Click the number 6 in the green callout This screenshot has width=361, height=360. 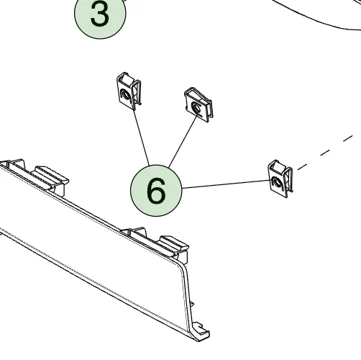[156, 191]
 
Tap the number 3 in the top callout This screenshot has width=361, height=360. [100, 14]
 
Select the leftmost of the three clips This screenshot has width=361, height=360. [129, 91]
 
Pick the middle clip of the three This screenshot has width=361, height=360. [198, 104]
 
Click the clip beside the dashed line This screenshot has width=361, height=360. [280, 179]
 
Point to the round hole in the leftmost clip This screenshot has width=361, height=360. [125, 94]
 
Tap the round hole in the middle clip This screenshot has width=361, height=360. [196, 107]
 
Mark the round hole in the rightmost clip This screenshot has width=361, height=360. [276, 182]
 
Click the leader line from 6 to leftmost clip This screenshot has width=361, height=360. [142, 138]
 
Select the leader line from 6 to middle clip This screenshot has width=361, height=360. [183, 142]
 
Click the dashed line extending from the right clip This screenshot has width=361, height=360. [325, 153]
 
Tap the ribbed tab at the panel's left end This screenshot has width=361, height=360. [52, 176]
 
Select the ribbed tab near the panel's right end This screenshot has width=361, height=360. [174, 244]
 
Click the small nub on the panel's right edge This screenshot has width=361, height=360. [192, 304]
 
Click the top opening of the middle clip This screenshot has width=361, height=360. [195, 93]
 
